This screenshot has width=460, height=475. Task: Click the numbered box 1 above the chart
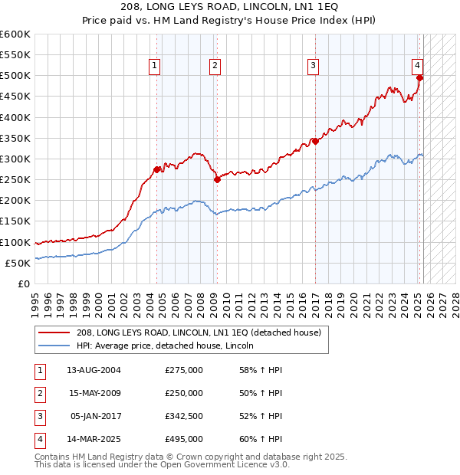tap(155, 67)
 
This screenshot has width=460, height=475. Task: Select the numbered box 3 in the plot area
tap(314, 67)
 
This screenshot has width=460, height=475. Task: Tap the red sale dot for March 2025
tap(419, 77)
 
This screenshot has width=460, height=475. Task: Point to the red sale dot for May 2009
tap(217, 180)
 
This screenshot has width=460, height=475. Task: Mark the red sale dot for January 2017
tap(315, 141)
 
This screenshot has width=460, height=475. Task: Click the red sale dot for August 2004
tap(157, 169)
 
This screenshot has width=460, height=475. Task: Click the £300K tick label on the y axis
tap(15, 159)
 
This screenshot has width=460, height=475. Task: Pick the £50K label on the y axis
tap(18, 263)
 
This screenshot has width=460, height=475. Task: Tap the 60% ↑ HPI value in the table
tap(261, 439)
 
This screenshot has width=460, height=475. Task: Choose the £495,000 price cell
tap(184, 439)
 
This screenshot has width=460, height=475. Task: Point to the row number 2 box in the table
tap(39, 393)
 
